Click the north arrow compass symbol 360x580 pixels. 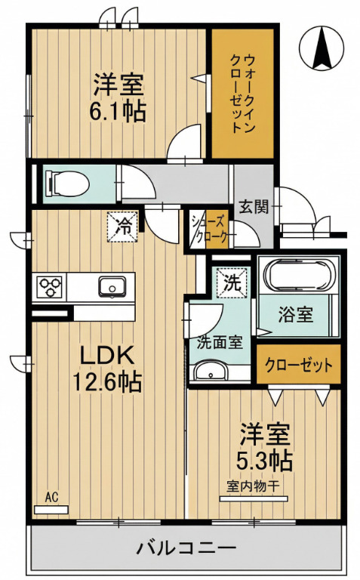pyautogui.click(x=319, y=46)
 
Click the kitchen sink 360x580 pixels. pyautogui.click(x=112, y=287)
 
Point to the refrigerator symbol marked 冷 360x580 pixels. pyautogui.click(x=122, y=225)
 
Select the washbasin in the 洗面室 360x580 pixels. pyautogui.click(x=209, y=372)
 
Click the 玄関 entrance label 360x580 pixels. pyautogui.click(x=254, y=205)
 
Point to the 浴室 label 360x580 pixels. pyautogui.click(x=296, y=315)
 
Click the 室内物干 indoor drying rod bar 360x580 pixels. pyautogui.click(x=254, y=498)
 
